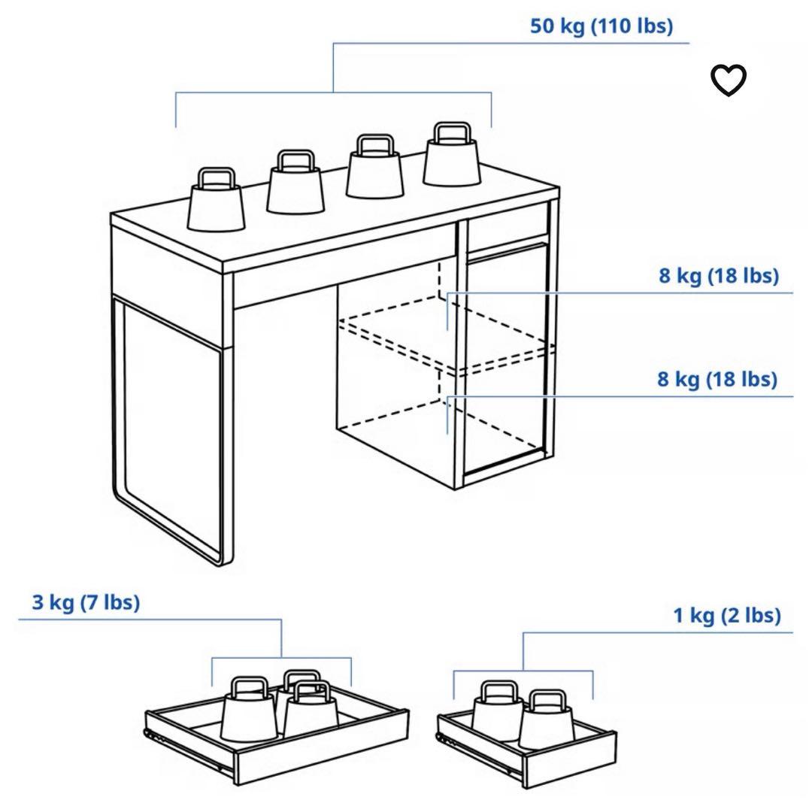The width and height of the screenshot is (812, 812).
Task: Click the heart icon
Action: [x=728, y=80]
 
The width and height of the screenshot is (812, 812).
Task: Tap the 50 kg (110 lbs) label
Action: [x=601, y=26]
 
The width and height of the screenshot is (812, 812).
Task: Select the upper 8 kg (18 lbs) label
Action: [x=718, y=275]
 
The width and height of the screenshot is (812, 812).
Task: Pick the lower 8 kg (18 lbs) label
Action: [x=717, y=379]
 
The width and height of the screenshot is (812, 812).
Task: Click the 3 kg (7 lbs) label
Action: [x=86, y=602]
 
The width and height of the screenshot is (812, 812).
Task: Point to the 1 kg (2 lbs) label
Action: [x=726, y=615]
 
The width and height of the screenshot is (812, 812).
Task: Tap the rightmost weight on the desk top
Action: [x=452, y=154]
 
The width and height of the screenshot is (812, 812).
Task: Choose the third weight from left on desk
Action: [x=374, y=166]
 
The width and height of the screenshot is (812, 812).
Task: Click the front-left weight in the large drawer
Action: [x=249, y=708]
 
